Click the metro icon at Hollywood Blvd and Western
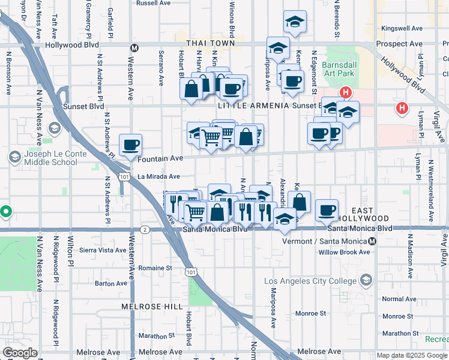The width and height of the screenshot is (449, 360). pos(134,47)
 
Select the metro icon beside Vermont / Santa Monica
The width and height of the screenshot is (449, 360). pos(372,241)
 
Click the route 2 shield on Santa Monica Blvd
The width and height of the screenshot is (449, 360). pos(145,229)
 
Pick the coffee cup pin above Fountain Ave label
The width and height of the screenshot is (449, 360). pos(130,145)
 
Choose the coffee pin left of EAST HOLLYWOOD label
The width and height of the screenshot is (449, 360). pos(327,210)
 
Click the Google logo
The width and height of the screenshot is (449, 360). pos(20,353)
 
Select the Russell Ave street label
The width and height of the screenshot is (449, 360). pos(154,3)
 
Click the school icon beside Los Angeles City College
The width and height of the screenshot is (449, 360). pos(366,280)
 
